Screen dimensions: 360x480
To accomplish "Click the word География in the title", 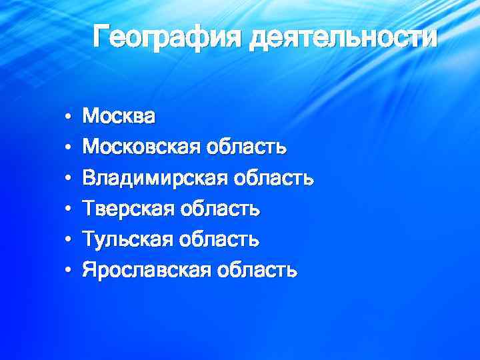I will point(167,36).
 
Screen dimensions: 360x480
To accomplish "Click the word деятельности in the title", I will point(343,36).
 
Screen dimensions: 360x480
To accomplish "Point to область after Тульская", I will point(217,239).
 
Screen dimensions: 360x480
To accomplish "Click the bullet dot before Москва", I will point(68,117).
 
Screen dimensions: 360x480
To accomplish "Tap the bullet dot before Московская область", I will point(68,148).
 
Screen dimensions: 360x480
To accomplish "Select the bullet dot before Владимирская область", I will point(68,179).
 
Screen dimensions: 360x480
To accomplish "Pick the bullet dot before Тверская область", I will point(68,210).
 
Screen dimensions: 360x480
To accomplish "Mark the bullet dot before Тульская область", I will point(68,240).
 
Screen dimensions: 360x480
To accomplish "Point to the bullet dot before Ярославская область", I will point(68,271).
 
